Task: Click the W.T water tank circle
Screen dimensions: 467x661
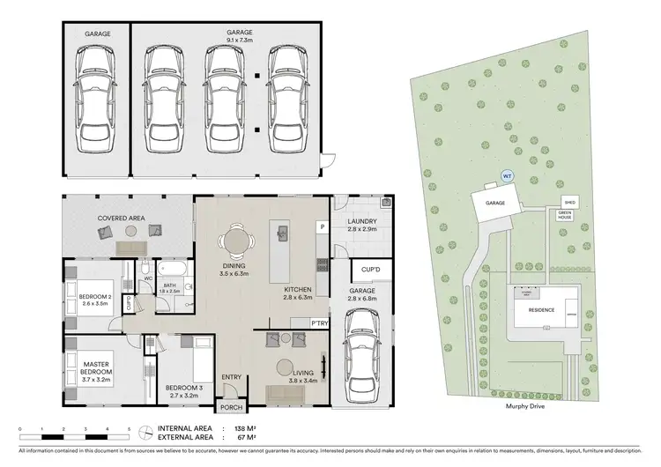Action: [506, 175]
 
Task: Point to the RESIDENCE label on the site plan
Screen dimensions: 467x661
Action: [541, 310]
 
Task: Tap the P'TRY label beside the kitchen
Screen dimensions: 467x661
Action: [319, 323]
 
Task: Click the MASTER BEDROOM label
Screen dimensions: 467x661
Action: [95, 368]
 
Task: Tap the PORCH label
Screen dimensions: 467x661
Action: [231, 407]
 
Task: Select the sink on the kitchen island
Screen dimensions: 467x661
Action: [283, 233]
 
